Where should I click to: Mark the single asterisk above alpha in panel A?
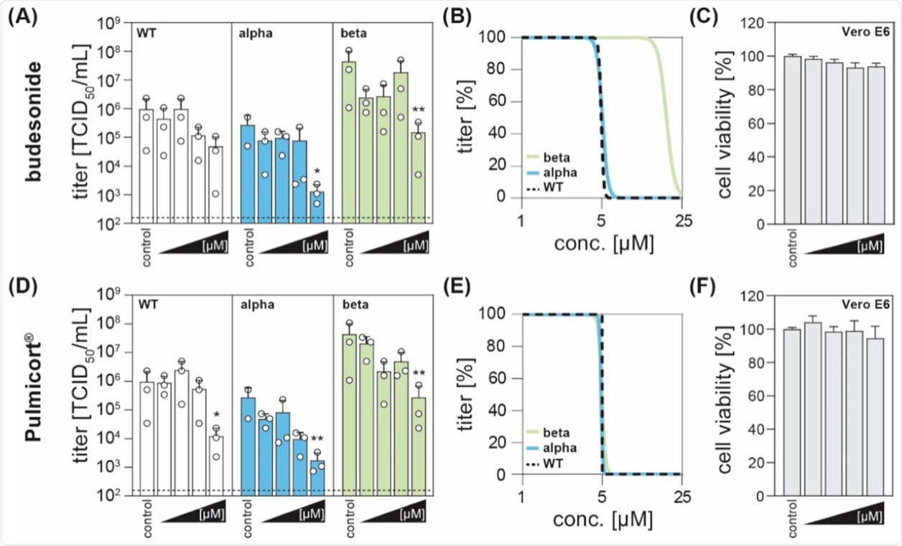pos(317,172)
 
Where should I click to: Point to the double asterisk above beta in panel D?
pos(418,373)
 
